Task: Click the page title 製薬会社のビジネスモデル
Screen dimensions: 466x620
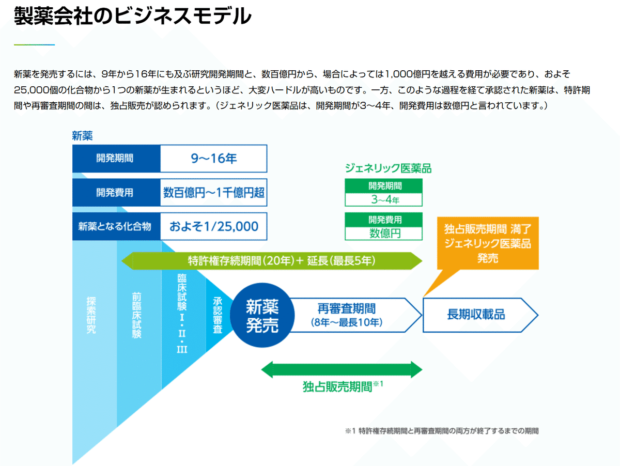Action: tap(132, 18)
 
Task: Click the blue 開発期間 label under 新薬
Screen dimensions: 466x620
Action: tap(115, 159)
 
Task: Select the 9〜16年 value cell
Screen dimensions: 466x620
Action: tap(213, 159)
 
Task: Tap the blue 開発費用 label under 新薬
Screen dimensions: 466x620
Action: tap(115, 193)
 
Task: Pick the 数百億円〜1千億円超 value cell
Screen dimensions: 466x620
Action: tap(213, 193)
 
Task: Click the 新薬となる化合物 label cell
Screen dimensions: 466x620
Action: tap(115, 226)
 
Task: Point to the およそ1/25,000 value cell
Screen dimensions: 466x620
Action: tap(213, 226)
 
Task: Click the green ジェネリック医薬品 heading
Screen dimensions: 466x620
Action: tap(388, 168)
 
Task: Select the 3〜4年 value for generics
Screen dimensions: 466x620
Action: tap(383, 199)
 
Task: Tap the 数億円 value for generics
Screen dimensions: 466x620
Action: tap(383, 233)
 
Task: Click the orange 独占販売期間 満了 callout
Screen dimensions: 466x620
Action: tap(488, 243)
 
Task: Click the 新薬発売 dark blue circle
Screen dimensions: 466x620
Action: tap(262, 316)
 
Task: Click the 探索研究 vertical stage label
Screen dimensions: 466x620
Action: tap(91, 315)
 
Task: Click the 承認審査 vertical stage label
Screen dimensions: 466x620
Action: tap(218, 315)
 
